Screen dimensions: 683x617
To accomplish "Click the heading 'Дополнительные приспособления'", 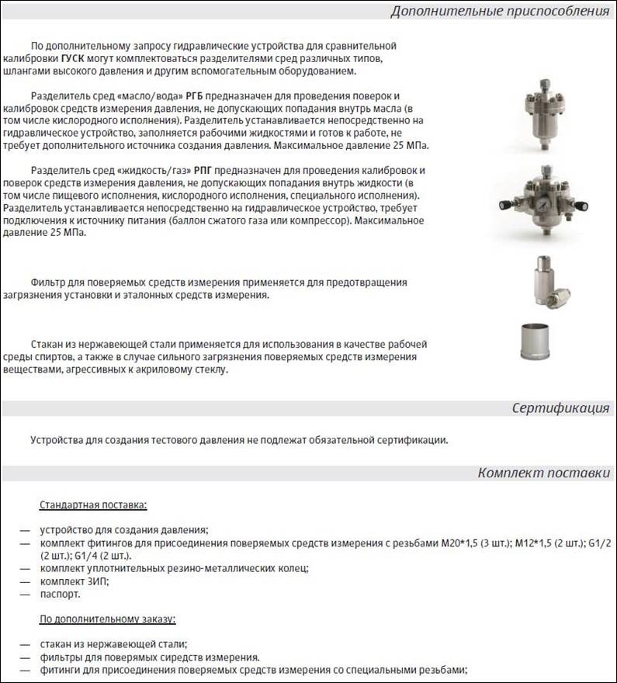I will [x=499, y=11].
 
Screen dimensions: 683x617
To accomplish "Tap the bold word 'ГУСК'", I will [x=76, y=58].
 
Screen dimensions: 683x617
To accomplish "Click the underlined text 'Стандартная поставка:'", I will [x=93, y=505].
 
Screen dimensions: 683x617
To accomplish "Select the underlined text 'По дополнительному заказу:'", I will [x=108, y=619].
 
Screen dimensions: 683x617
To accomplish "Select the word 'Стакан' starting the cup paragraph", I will [x=48, y=345].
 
